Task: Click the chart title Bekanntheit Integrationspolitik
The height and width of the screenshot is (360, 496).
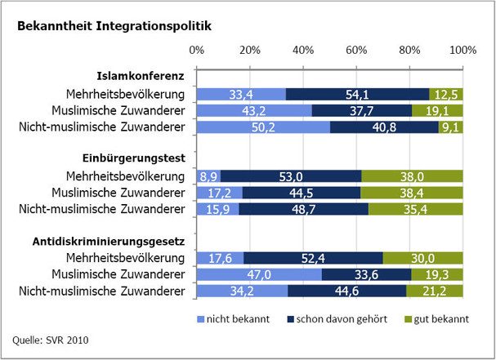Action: coord(114,26)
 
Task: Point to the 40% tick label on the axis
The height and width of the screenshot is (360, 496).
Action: coord(303,51)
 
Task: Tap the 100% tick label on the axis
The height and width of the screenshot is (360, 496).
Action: coord(462,51)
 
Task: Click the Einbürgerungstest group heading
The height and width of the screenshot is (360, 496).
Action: coord(143,159)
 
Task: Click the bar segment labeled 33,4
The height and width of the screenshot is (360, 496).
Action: coord(241,94)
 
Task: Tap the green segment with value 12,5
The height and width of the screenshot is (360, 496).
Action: coord(446,94)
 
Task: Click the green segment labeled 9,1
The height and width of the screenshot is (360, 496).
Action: coord(450,127)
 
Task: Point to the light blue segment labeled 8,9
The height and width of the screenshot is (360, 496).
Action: coord(208,176)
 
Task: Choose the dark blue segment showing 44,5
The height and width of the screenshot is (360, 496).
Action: coord(301,192)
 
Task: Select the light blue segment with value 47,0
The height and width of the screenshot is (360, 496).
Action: coord(259,274)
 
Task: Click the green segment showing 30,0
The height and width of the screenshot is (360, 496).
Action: coord(422,258)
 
